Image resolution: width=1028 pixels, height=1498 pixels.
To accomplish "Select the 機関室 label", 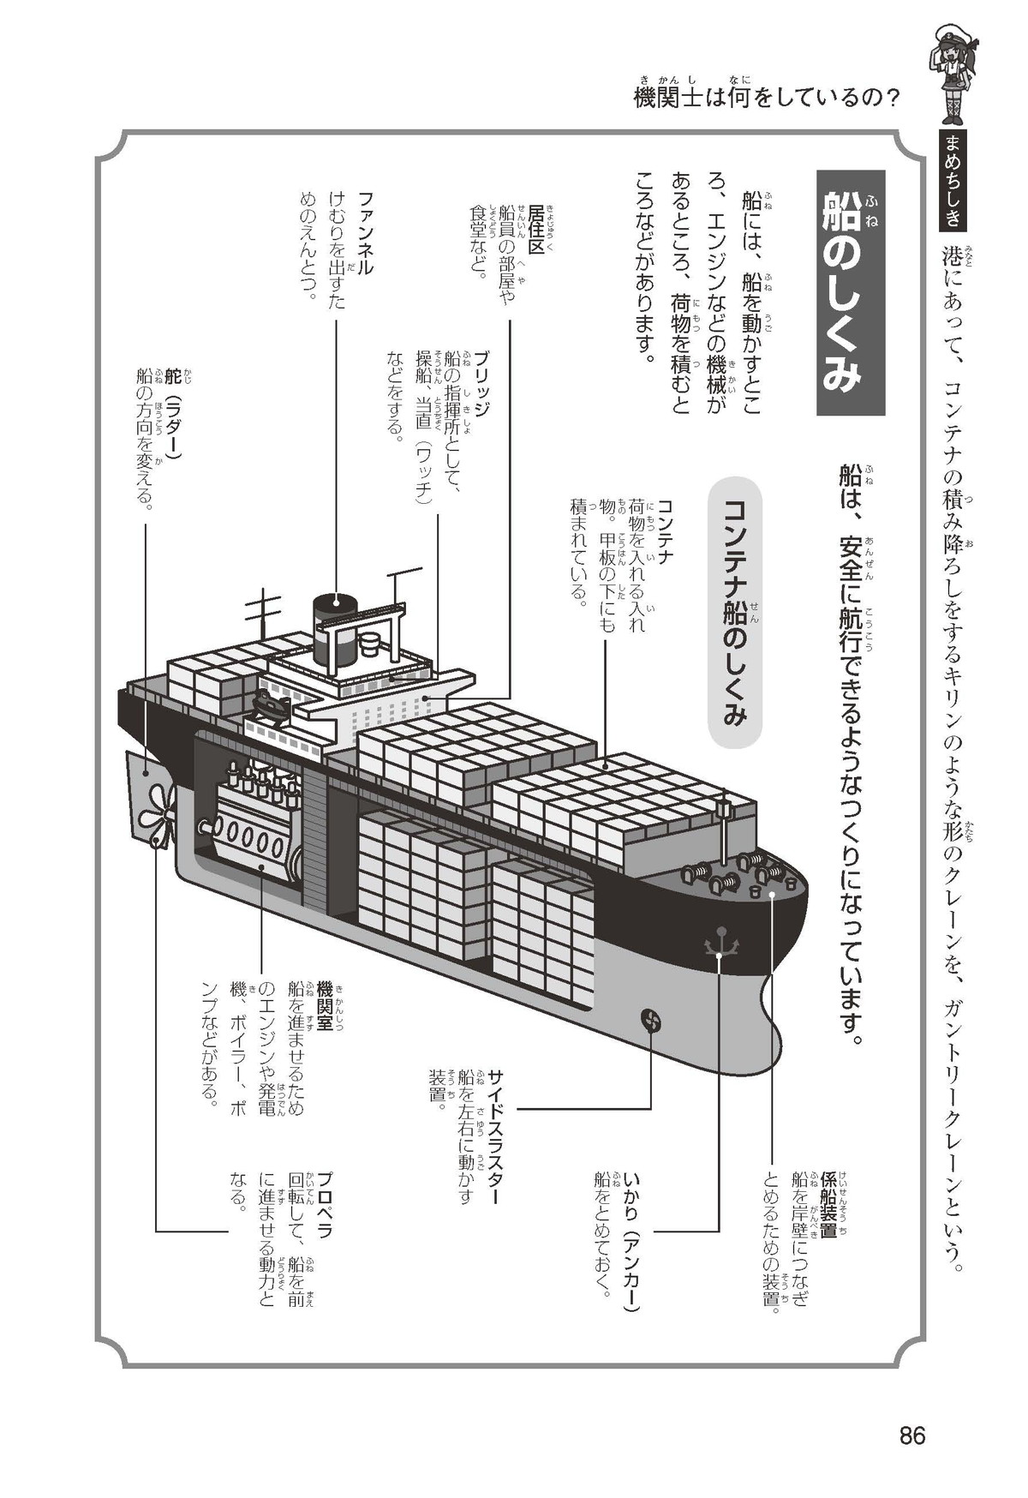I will (325, 1006).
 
